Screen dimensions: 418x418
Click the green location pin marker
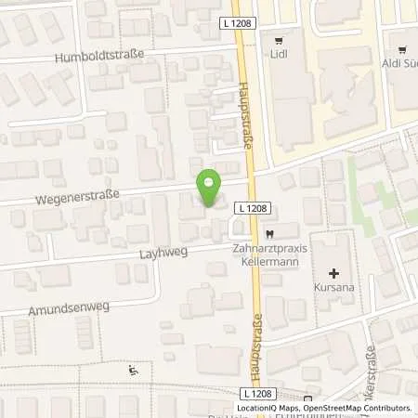pos(210,189)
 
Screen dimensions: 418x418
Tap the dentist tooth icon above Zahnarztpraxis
pos(269,233)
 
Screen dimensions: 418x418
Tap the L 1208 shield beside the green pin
pos(246,208)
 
